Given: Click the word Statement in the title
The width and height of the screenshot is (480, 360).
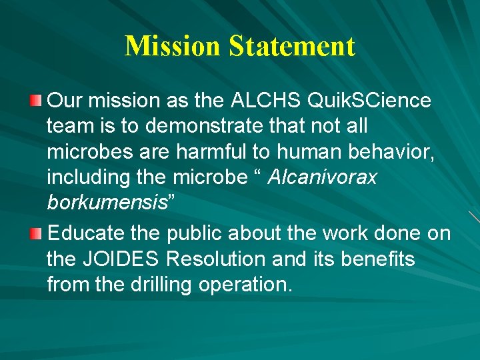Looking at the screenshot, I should tap(292, 46).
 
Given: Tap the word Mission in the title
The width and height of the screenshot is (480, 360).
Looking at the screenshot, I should tap(172, 46).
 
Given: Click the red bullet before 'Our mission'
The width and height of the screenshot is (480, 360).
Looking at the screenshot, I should tap(36, 101).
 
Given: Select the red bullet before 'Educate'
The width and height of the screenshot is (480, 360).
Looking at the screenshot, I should tap(36, 234).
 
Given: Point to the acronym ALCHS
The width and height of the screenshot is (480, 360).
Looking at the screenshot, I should tap(266, 101).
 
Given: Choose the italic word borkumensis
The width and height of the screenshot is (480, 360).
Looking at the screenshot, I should tap(107, 203).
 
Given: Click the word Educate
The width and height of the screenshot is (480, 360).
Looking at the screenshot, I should tap(88, 234).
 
